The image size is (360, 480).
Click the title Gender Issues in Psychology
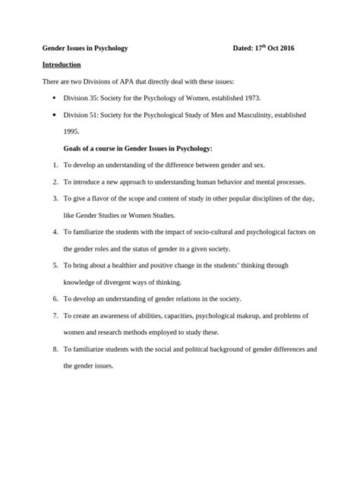coord(84,49)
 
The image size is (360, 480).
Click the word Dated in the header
coord(246,49)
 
